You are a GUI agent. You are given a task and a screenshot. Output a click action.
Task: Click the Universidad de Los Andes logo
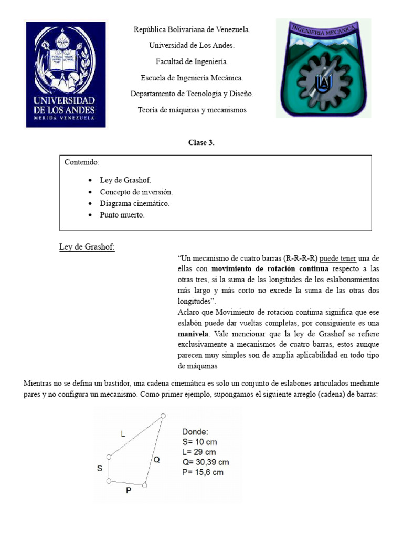tap(66, 74)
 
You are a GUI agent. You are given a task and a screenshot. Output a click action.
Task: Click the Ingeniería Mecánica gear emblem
tap(323, 68)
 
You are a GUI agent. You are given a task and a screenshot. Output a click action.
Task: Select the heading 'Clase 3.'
tap(201, 143)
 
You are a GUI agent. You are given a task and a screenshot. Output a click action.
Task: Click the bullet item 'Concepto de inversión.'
tap(136, 192)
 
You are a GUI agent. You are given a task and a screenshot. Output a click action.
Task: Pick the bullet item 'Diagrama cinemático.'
tap(134, 203)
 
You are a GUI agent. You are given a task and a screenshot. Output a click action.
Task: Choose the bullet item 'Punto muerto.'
tap(122, 215)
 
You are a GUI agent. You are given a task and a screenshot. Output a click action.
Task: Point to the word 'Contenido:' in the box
tap(81, 162)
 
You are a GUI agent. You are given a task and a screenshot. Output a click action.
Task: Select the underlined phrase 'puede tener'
tap(338, 258)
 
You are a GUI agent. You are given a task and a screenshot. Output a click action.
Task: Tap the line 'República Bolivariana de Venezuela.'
tap(192, 30)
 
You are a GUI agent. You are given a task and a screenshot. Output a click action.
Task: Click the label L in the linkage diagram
tap(123, 434)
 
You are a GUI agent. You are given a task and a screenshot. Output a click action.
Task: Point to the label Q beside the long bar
tap(156, 459)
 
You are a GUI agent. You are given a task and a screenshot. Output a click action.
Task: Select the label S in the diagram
tap(99, 469)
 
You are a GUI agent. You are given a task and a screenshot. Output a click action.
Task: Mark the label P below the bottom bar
tap(128, 491)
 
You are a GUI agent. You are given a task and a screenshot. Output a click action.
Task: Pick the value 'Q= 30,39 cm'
tap(204, 462)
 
